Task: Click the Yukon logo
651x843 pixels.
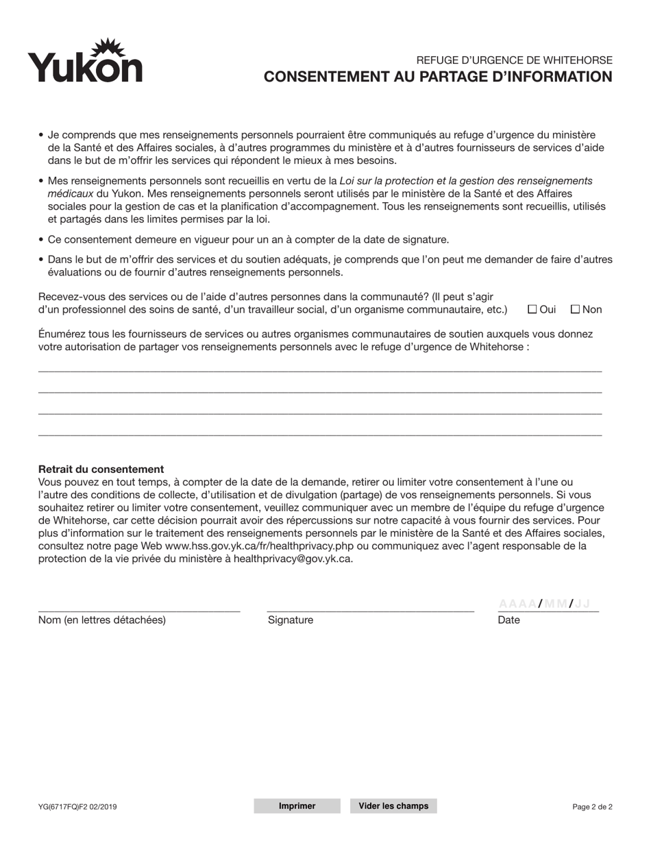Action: pos(85,61)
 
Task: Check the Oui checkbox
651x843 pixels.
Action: pos(532,309)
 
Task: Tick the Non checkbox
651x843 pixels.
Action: pos(576,309)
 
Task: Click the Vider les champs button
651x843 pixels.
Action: pos(393,806)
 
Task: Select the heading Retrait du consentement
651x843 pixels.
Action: pos(101,469)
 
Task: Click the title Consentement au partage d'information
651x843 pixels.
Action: pos(439,77)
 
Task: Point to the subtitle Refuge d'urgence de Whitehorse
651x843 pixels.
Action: pos(514,60)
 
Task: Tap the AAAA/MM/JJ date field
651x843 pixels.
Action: pos(548,604)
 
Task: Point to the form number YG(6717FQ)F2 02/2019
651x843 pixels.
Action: pos(77,807)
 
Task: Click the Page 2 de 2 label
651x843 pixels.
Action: pos(592,807)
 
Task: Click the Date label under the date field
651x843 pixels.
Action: pos(508,620)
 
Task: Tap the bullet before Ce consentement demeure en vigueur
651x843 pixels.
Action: pos(42,240)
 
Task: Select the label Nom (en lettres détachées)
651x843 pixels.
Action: pos(102,620)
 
